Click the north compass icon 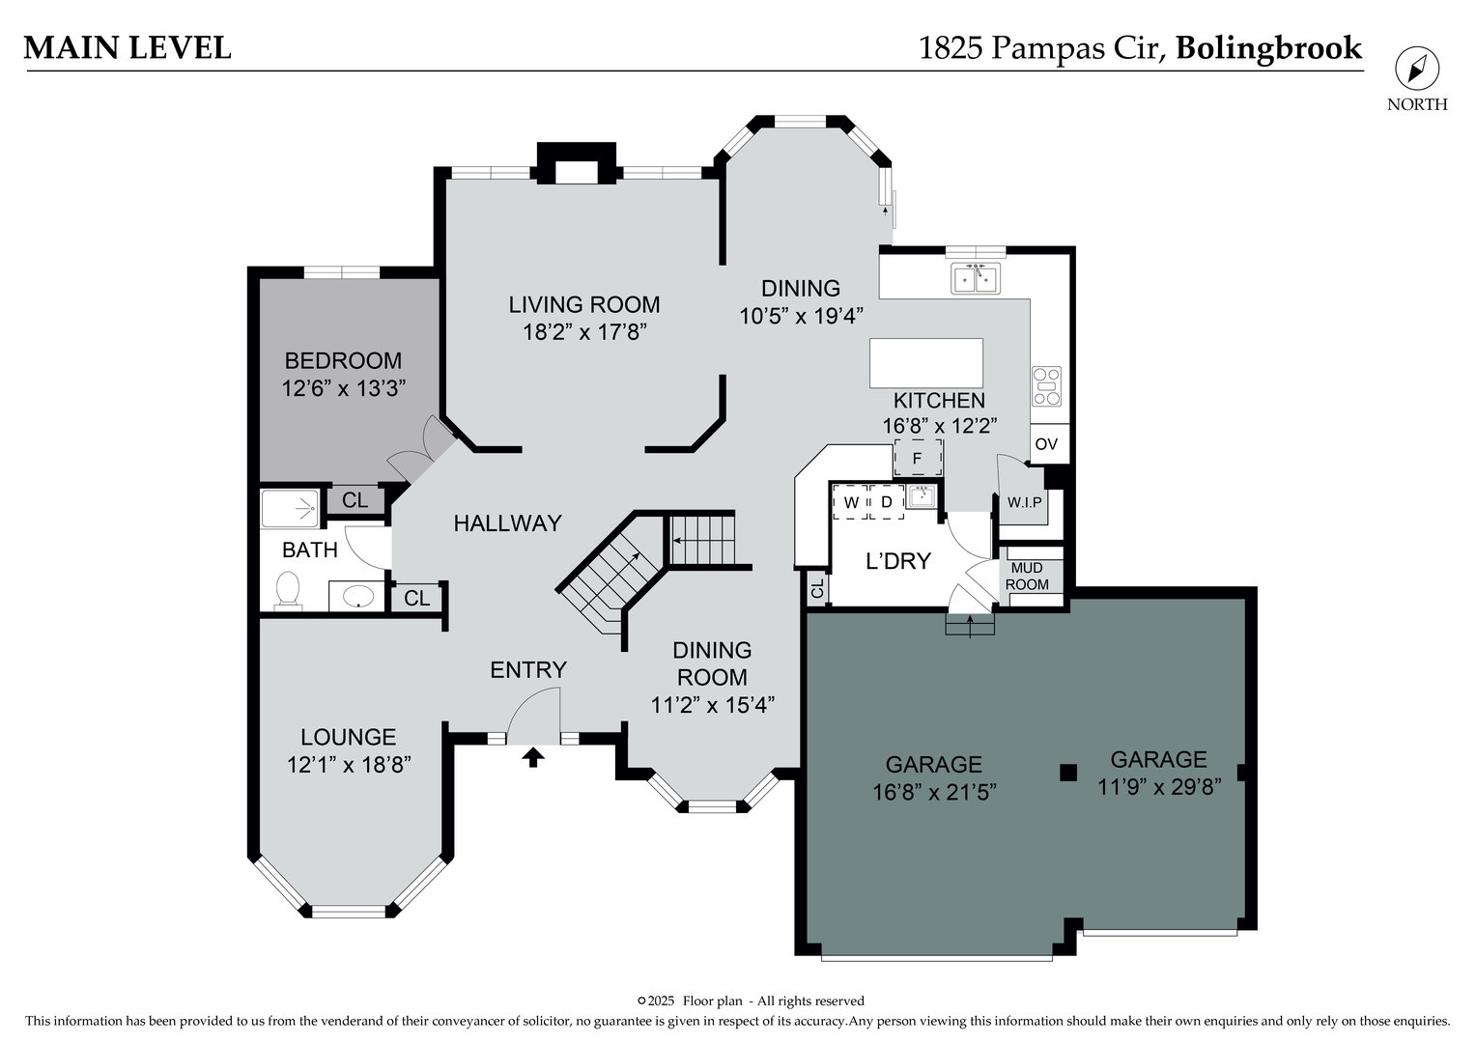pyautogui.click(x=1417, y=69)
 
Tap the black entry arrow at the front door pyautogui.click(x=533, y=757)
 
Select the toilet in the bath pyautogui.click(x=287, y=589)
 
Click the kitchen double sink pyautogui.click(x=976, y=278)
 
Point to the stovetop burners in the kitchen pyautogui.click(x=1046, y=385)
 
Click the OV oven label pyautogui.click(x=1046, y=443)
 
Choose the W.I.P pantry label pyautogui.click(x=1024, y=503)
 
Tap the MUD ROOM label pyautogui.click(x=1027, y=576)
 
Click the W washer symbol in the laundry pyautogui.click(x=851, y=502)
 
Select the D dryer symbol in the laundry pyautogui.click(x=887, y=502)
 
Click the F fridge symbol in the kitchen pyautogui.click(x=918, y=457)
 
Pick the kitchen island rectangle pyautogui.click(x=926, y=363)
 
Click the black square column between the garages pyautogui.click(x=1068, y=773)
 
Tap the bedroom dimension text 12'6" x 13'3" pyautogui.click(x=343, y=389)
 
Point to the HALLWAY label pyautogui.click(x=508, y=523)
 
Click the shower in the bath pyautogui.click(x=291, y=509)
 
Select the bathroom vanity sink pyautogui.click(x=356, y=596)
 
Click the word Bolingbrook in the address pyautogui.click(x=1269, y=48)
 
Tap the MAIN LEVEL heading pyautogui.click(x=128, y=48)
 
